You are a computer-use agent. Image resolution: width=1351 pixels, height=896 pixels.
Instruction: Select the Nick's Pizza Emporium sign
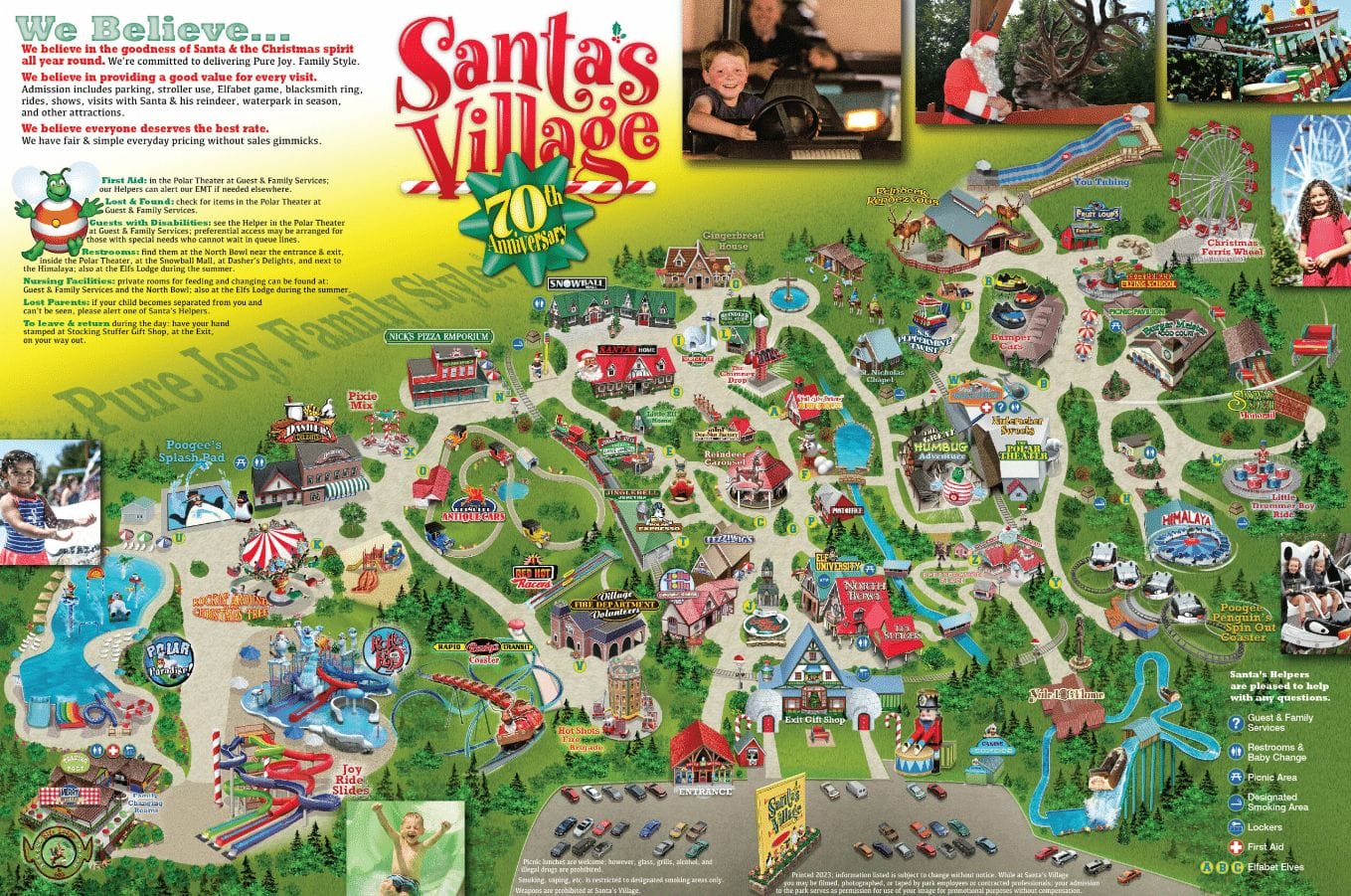(437, 337)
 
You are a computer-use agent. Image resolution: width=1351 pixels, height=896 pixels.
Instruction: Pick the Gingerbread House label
(733, 240)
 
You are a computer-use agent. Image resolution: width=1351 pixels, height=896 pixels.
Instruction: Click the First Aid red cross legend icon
(1236, 847)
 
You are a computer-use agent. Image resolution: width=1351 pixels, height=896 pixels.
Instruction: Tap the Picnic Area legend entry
(1271, 778)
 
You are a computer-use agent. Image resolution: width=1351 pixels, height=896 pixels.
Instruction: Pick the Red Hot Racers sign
(534, 579)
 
